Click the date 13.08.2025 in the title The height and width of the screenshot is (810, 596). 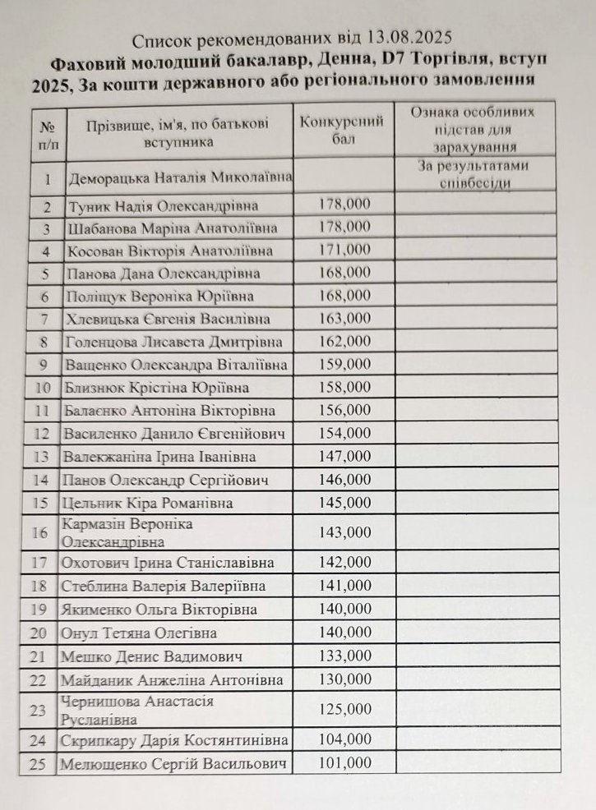409,38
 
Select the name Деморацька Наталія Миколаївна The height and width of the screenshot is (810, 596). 182,177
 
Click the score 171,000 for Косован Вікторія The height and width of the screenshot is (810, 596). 344,249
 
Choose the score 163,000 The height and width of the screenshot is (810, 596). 344,318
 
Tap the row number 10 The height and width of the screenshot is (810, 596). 47,388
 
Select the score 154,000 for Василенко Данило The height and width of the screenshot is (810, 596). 344,433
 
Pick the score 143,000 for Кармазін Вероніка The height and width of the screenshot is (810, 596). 344,532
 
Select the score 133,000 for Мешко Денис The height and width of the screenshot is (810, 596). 344,656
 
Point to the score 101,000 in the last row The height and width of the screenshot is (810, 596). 344,763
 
